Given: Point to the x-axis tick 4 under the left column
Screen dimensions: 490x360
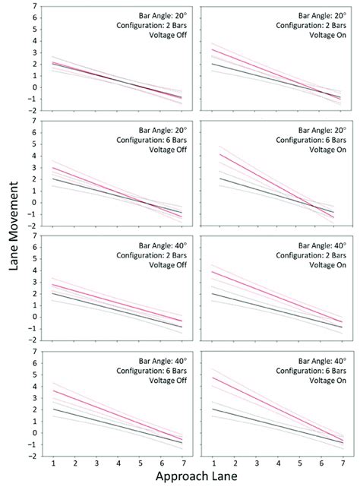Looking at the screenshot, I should point(118,463).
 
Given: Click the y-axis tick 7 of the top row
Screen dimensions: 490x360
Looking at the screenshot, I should point(35,7).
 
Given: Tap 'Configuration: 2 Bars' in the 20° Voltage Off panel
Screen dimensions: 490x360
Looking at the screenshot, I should point(154,24).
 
